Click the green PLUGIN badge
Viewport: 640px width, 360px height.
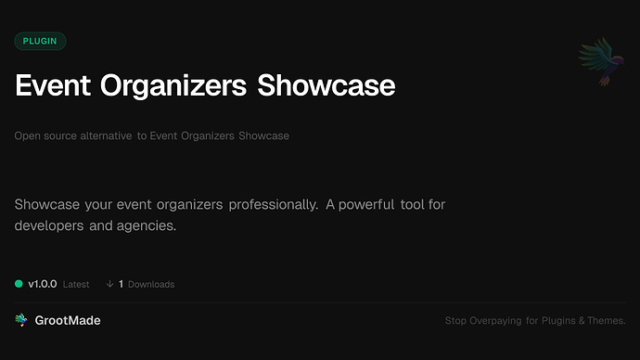coord(40,41)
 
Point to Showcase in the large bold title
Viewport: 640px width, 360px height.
coord(326,85)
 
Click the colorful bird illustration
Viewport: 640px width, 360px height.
coord(598,63)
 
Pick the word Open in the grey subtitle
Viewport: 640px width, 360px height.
coord(27,136)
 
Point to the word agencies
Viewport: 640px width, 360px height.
coord(147,225)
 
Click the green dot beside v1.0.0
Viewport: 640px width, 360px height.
coord(19,284)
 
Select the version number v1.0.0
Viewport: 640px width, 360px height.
coord(43,284)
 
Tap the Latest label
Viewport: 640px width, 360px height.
coord(76,285)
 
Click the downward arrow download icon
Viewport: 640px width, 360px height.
coord(109,284)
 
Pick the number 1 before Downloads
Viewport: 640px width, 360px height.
coord(122,284)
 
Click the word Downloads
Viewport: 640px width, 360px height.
coord(151,285)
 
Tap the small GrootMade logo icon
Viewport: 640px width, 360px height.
coord(21,320)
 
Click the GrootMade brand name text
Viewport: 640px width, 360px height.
coord(69,320)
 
